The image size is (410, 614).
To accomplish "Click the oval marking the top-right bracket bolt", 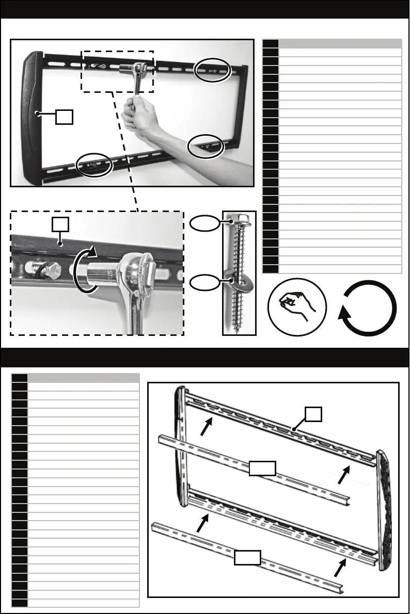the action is pyautogui.click(x=212, y=69).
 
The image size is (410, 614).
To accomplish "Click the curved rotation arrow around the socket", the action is pyautogui.click(x=83, y=270).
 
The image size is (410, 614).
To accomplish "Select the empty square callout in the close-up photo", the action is pyautogui.click(x=61, y=224).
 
